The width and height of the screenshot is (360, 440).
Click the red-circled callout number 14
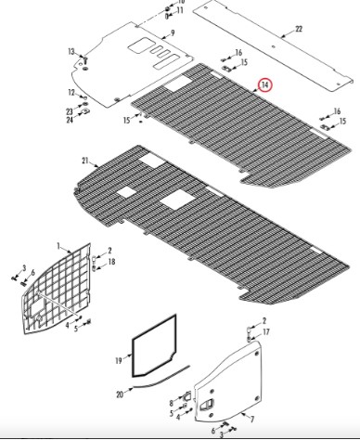tap(265, 85)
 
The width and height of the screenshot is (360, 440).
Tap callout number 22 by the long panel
tap(299, 29)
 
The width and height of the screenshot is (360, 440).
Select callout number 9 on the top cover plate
tap(173, 32)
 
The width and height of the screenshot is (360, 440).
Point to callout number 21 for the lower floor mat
tap(85, 161)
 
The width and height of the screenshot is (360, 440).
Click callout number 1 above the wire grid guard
tap(58, 246)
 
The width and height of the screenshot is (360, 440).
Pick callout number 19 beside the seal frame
tap(119, 361)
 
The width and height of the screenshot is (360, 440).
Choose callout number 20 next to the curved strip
tap(120, 395)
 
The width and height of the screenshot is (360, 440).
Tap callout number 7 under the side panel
tap(252, 420)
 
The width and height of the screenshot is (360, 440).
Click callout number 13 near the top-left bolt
tap(71, 51)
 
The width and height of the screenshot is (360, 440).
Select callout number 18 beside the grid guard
tap(111, 262)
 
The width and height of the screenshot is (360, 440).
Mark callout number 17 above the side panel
tap(265, 332)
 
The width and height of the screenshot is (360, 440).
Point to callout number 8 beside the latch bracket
tap(172, 403)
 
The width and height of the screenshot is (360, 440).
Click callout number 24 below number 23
tap(70, 120)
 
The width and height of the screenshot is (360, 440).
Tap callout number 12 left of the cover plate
tap(71, 92)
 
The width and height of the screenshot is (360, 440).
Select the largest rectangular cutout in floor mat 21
tap(177, 200)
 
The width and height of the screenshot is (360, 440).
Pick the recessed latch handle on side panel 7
tap(206, 405)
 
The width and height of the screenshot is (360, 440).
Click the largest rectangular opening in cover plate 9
tap(138, 45)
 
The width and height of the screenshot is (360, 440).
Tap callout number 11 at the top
tap(180, 10)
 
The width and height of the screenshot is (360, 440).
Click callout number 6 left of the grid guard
tap(32, 273)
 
